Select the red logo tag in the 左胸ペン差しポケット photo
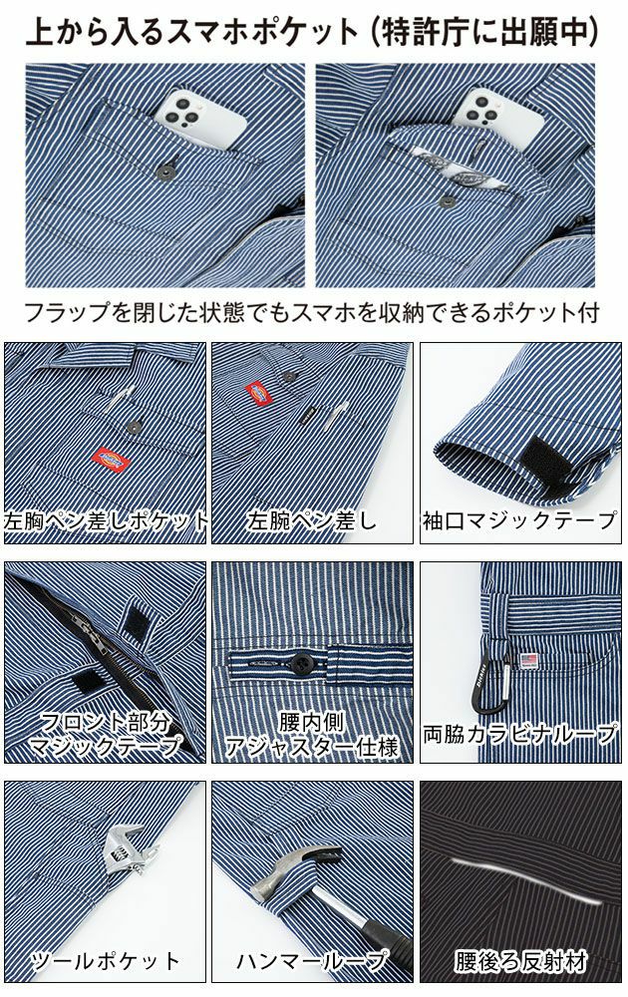click(x=104, y=460)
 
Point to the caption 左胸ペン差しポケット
click(x=106, y=521)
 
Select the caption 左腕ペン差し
click(x=313, y=521)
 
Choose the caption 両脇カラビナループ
click(x=520, y=735)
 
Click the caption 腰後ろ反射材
click(x=520, y=961)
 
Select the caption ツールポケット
click(x=106, y=961)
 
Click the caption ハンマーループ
click(x=313, y=961)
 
